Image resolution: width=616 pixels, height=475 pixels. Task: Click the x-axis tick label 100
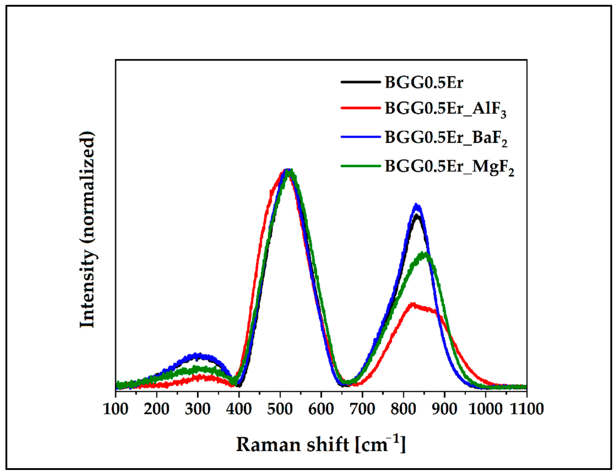tap(116, 409)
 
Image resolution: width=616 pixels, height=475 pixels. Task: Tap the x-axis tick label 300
tap(198, 409)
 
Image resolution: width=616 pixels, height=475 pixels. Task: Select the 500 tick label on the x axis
tap(280, 409)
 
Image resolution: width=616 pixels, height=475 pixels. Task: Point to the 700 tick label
tap(362, 409)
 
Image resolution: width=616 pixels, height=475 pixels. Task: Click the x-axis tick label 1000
tap(485, 409)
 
